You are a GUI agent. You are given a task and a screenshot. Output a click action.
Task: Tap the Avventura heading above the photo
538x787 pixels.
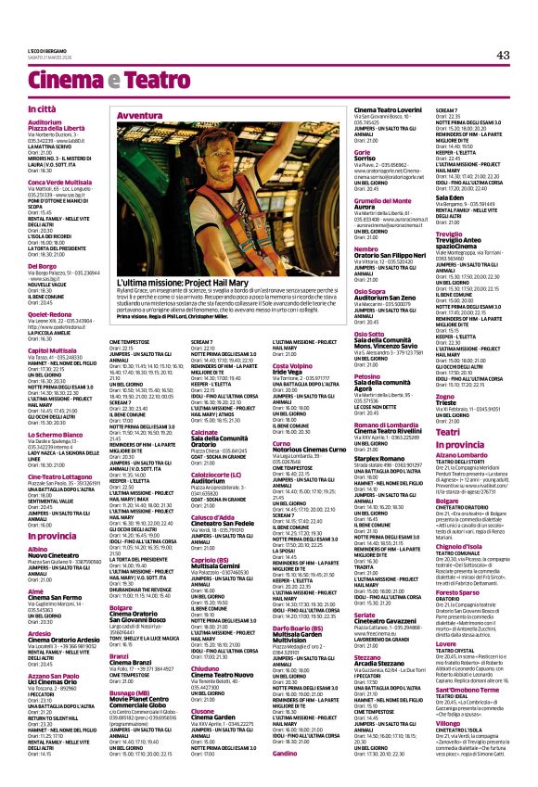138,115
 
